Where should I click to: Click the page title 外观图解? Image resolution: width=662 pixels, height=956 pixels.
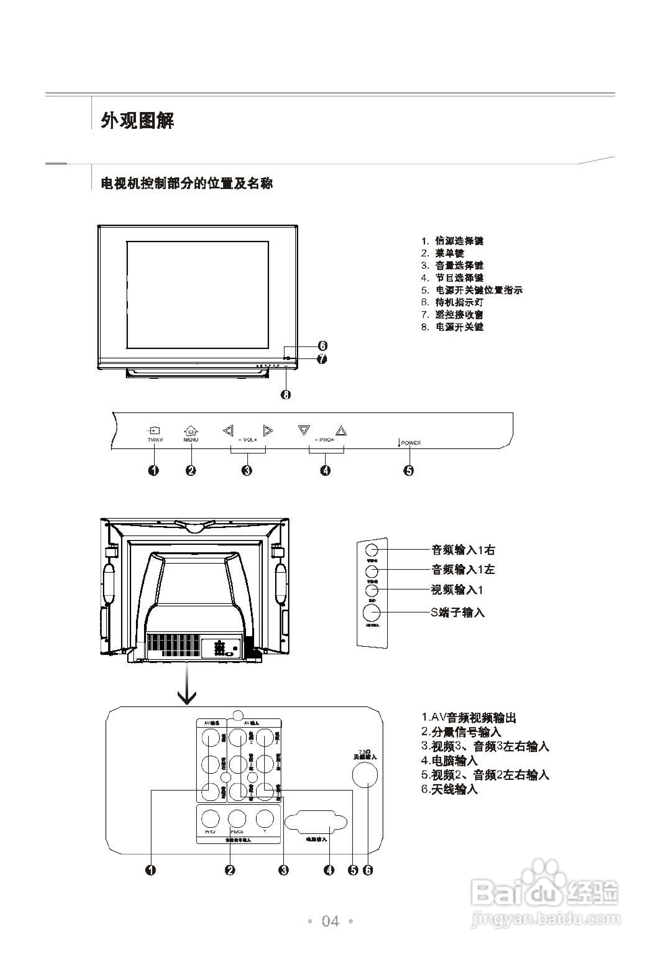point(137,120)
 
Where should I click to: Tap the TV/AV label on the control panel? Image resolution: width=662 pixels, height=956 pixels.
point(155,440)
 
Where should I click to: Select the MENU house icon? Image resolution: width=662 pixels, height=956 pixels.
point(191,431)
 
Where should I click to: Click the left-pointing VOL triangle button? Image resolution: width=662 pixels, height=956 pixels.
point(228,431)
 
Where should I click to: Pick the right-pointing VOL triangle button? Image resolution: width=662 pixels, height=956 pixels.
point(268,431)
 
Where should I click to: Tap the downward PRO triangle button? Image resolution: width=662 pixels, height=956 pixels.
point(304,430)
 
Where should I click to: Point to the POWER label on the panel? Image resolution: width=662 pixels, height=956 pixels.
point(411,443)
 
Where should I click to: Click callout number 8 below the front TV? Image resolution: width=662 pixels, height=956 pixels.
point(286,394)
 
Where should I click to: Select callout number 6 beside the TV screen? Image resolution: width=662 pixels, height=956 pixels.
point(322,345)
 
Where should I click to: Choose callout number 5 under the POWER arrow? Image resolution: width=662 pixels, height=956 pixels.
point(409,470)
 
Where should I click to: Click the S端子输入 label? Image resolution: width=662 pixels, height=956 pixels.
point(457,612)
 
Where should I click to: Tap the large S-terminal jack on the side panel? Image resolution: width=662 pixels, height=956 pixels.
point(371,612)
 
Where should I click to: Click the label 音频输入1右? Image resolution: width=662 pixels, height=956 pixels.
point(463,550)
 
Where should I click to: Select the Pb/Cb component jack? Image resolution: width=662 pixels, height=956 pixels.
point(237,819)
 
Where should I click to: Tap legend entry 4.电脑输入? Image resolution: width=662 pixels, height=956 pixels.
point(449,761)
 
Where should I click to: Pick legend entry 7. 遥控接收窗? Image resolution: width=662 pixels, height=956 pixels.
point(452,315)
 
